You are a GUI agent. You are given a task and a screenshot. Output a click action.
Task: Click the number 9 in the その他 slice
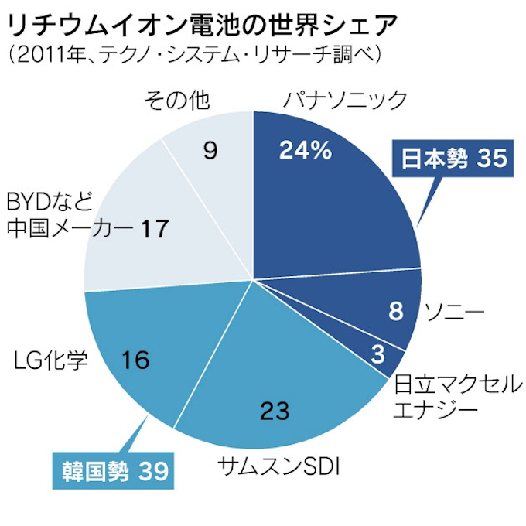[209, 150]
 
